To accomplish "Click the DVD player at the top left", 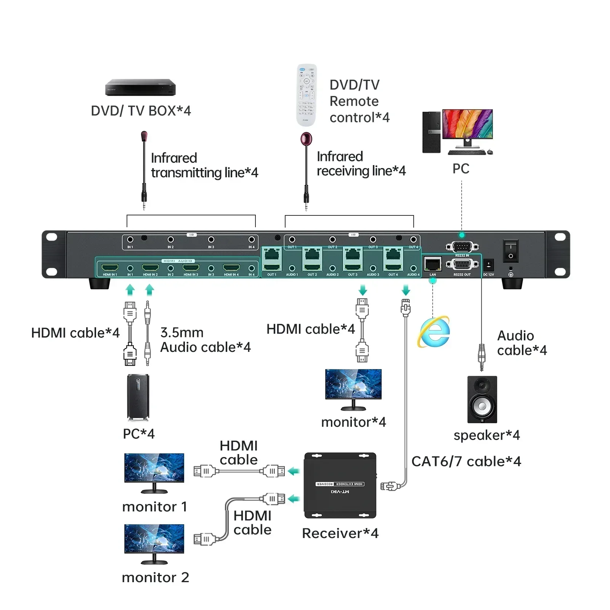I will (140, 87).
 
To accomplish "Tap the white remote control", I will (307, 95).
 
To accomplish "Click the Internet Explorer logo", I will (434, 331).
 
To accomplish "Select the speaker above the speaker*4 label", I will (482, 399).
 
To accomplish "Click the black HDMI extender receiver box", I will (340, 485).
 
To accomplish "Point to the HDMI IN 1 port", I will (110, 268).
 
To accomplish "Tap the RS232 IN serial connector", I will (462, 247).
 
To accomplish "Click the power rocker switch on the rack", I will (510, 251).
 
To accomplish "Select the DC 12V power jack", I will (488, 265).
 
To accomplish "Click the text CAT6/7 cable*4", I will (466, 461).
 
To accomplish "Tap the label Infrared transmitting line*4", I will (204, 165).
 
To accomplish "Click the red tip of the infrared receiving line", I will (306, 139).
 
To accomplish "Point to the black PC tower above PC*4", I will (138, 397).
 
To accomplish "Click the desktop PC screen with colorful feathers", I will (467, 124).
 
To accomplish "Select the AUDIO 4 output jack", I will (413, 268).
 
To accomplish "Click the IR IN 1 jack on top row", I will (130, 240).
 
